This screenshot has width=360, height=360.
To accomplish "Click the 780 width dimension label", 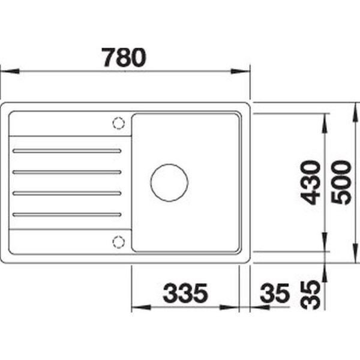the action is coord(124,58).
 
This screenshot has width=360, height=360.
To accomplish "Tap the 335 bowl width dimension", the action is coord(185,293).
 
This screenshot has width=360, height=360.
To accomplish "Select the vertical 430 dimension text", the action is coord(310,182).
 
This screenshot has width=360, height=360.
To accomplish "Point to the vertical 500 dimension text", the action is coord(341,182).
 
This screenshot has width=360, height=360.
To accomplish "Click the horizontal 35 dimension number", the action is coord(275,293).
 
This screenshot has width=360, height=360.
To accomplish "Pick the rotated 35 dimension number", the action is coord(310,295).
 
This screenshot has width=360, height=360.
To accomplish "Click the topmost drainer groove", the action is coord(67,151).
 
